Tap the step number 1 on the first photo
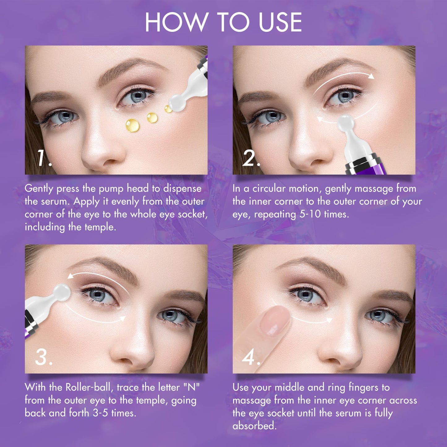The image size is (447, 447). coord(43,158)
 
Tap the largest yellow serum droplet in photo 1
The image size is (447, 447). coord(132,125)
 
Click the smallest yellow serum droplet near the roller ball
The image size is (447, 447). coord(168,109)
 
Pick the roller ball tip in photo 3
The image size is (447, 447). coord(62,291)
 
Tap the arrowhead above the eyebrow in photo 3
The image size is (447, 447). coord(71,276)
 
